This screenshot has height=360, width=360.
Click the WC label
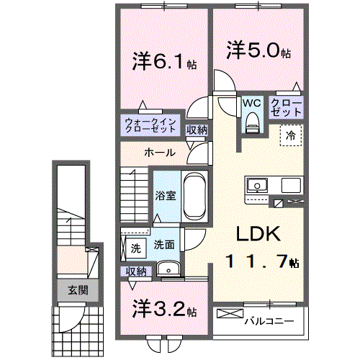click(251, 103)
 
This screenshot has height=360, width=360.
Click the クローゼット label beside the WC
click(286, 108)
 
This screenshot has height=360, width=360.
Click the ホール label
click(158, 153)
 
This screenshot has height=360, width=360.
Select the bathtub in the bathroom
click(193, 198)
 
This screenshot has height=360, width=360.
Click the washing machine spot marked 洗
click(135, 248)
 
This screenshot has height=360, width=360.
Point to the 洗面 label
click(164, 244)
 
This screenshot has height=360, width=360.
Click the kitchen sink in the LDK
click(258, 186)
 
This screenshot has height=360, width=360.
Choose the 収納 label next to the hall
click(197, 130)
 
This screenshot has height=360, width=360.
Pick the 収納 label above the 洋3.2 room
click(137, 271)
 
